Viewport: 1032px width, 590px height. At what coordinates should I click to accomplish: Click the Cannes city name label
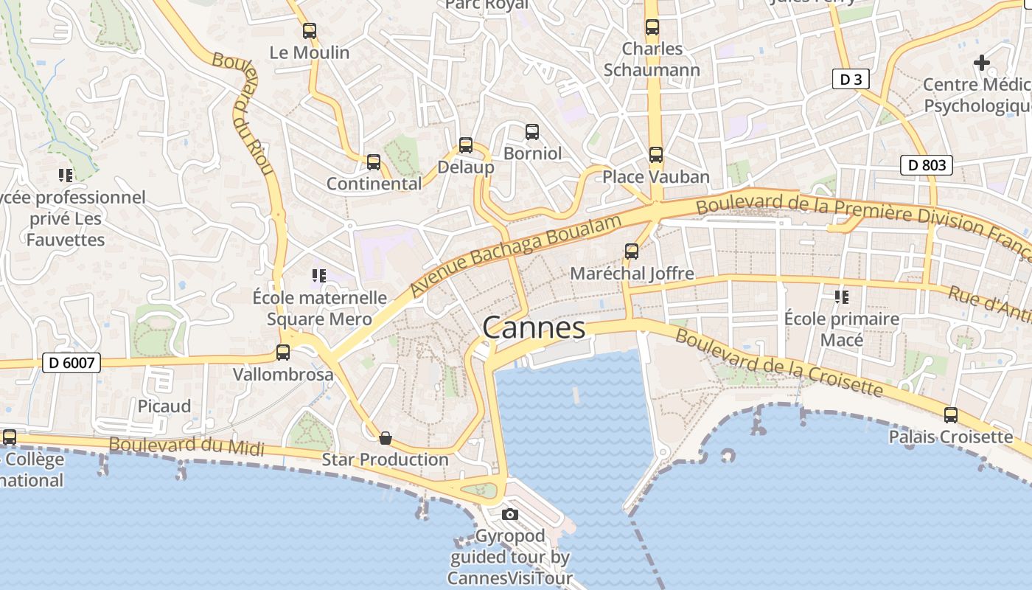click(534, 327)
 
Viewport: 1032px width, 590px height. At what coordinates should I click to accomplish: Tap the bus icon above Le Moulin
click(310, 31)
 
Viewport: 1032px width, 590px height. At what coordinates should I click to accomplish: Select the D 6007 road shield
click(71, 363)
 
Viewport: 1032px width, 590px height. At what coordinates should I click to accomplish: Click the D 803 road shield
click(927, 165)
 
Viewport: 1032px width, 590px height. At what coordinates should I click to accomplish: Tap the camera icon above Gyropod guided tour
click(509, 514)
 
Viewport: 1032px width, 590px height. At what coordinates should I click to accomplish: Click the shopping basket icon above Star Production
click(385, 438)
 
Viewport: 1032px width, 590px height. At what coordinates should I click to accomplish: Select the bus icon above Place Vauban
click(656, 155)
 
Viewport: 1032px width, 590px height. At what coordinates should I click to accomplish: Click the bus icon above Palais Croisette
click(951, 415)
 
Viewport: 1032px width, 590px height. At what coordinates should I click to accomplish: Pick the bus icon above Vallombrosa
click(283, 353)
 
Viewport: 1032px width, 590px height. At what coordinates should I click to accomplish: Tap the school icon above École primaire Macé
click(842, 297)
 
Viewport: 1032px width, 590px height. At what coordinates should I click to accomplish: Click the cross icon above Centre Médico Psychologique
click(981, 63)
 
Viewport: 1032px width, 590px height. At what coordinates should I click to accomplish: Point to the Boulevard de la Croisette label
click(778, 363)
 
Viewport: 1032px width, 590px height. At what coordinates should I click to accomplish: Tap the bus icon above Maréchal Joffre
click(632, 251)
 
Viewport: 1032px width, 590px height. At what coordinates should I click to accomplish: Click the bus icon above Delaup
click(466, 145)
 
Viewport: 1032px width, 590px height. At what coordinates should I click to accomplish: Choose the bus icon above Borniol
click(532, 132)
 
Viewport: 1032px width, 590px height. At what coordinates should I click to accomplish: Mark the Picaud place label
click(164, 406)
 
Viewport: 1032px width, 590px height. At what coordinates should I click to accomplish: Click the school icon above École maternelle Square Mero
click(319, 276)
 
